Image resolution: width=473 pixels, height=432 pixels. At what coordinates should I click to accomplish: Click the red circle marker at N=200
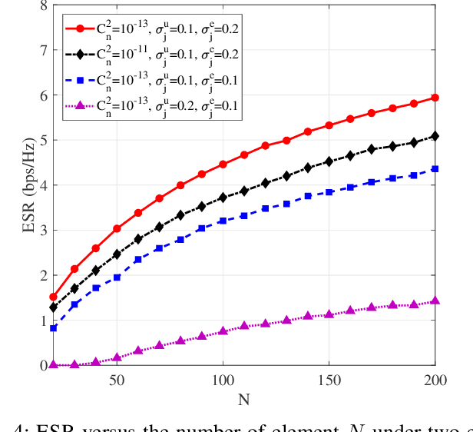click(435, 98)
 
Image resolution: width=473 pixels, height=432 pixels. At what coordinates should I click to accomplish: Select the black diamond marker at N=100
click(223, 198)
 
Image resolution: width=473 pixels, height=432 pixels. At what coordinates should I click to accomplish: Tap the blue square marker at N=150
click(329, 192)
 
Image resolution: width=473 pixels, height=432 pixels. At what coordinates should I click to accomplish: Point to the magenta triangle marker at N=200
click(435, 301)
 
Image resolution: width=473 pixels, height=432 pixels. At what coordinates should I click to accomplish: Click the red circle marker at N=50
click(117, 228)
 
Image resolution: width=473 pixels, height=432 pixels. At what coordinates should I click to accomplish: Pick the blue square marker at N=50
click(117, 277)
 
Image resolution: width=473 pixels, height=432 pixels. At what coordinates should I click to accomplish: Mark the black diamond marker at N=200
click(435, 136)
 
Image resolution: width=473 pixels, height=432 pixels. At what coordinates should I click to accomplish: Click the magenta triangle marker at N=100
click(223, 331)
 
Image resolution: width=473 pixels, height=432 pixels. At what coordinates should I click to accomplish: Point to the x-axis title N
click(244, 400)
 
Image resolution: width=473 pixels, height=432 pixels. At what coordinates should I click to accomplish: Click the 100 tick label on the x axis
click(223, 380)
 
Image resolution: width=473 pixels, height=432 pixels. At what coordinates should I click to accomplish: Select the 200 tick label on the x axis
click(435, 380)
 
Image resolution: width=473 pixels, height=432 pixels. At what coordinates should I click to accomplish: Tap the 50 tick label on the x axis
click(117, 380)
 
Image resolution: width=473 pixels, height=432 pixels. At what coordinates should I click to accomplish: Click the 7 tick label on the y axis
click(43, 51)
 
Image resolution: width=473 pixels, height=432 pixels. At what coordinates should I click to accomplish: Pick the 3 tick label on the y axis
click(43, 231)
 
